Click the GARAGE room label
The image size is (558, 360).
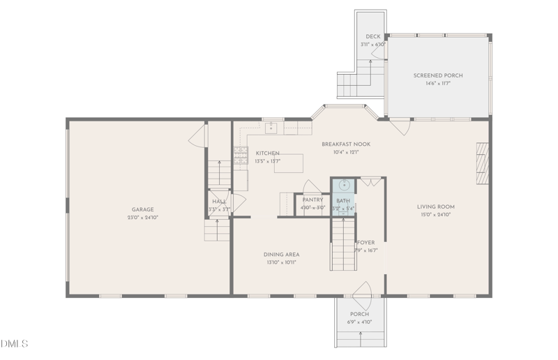(142, 209)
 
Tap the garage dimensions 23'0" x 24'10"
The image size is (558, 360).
(142, 217)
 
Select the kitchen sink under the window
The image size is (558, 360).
(272, 128)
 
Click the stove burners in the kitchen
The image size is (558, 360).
(241, 156)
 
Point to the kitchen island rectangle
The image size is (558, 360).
(289, 163)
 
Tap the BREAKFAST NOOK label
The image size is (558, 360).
(345, 144)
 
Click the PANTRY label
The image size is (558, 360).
(312, 200)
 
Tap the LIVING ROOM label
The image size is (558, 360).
(436, 207)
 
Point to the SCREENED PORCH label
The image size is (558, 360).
(437, 75)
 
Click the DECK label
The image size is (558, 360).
(373, 36)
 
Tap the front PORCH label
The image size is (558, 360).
(360, 314)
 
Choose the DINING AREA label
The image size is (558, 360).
(281, 255)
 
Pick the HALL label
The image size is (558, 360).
(218, 202)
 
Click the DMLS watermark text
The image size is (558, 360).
(15, 344)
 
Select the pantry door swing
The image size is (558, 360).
(312, 186)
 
